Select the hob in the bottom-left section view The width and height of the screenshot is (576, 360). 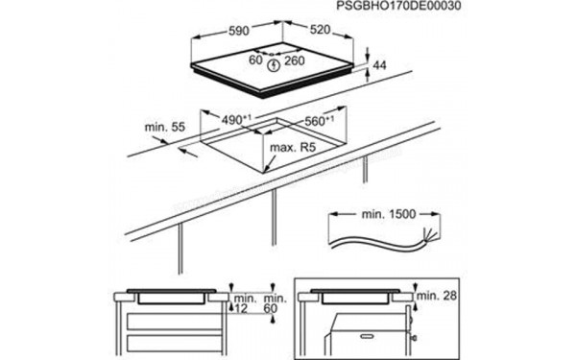click(172, 297)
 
